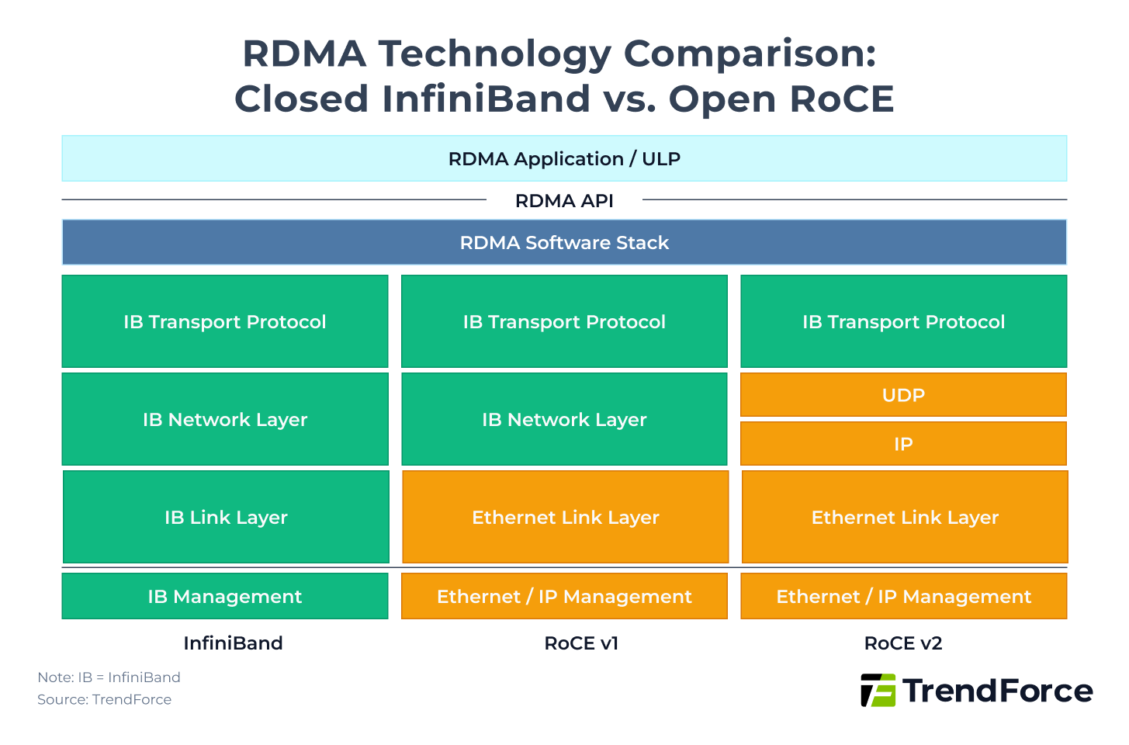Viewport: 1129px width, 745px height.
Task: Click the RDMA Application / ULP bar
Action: (x=564, y=159)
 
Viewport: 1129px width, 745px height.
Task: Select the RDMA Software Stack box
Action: (x=564, y=243)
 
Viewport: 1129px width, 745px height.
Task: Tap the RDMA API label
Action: (x=564, y=201)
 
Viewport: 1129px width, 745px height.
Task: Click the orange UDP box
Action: (x=903, y=395)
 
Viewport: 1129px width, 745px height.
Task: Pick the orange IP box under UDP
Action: (x=903, y=444)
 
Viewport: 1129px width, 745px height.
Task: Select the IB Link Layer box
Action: (x=226, y=517)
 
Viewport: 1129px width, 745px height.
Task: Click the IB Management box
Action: (x=225, y=596)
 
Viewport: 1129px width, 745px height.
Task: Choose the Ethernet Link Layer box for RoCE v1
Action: (x=565, y=517)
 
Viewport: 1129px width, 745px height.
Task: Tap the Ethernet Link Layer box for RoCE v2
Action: (x=905, y=517)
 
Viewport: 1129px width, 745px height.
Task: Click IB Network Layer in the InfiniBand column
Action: (x=225, y=419)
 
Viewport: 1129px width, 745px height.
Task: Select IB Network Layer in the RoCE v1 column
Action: (x=564, y=419)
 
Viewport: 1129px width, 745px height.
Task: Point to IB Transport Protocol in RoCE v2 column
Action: (x=903, y=321)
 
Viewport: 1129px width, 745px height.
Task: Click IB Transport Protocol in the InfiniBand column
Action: (x=225, y=321)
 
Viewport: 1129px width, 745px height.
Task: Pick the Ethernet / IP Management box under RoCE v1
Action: (x=564, y=596)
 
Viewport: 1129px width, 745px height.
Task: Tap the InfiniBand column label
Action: (x=233, y=643)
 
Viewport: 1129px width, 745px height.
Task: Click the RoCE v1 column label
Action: (x=581, y=643)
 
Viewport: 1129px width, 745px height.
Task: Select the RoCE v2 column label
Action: (x=903, y=643)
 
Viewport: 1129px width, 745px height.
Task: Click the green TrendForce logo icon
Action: (x=878, y=690)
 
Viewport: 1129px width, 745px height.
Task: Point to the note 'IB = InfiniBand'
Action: (x=109, y=677)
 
